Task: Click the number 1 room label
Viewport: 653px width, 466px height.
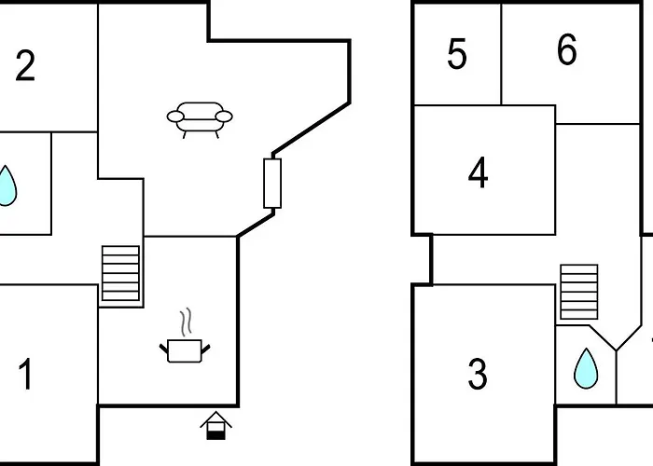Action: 26,374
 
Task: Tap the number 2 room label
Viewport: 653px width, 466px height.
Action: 25,65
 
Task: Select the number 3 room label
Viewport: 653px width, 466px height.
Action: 478,374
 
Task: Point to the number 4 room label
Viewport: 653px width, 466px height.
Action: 478,172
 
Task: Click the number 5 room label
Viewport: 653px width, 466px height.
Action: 457,53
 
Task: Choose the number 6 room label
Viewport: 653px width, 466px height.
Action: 567,49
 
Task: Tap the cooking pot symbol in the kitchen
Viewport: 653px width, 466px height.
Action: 185,350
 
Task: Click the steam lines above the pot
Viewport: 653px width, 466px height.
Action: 186,322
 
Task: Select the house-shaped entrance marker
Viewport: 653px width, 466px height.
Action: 215,425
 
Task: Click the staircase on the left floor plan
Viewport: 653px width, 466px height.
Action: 120,273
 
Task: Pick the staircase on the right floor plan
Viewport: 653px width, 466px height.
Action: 579,292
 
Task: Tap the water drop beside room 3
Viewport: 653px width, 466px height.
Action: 586,369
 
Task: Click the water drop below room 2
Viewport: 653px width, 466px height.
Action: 7,186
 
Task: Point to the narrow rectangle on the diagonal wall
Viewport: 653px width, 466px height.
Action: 272,183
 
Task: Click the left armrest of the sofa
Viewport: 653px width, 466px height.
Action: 175,116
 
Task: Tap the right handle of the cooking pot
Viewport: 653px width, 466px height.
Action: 205,349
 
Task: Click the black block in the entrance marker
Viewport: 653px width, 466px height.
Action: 215,435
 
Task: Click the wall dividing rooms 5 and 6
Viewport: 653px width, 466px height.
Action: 502,54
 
